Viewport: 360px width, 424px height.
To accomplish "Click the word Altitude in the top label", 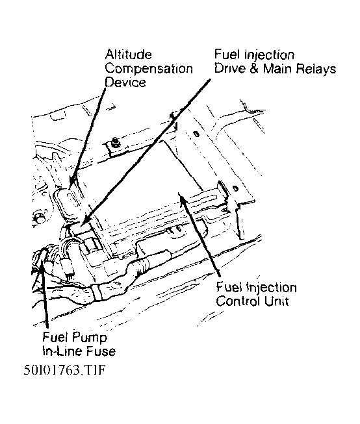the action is pyautogui.click(x=128, y=55).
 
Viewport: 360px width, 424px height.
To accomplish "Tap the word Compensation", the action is pyautogui.click(x=149, y=69).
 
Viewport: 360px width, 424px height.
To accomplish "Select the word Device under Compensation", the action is pyautogui.click(x=125, y=82).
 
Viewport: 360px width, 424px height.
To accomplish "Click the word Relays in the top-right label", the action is pyautogui.click(x=316, y=69).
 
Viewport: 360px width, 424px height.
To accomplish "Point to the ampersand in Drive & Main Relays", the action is pyautogui.click(x=254, y=68).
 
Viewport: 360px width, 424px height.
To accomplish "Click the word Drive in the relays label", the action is pyautogui.click(x=230, y=68).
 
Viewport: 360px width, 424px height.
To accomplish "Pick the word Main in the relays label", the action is pyautogui.click(x=277, y=68).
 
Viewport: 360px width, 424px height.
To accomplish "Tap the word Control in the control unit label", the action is pyautogui.click(x=238, y=301).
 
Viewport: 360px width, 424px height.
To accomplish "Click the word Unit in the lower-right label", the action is pyautogui.click(x=276, y=301).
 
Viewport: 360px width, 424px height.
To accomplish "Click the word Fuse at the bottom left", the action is pyautogui.click(x=101, y=351).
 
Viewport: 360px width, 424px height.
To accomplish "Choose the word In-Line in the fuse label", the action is pyautogui.click(x=63, y=351).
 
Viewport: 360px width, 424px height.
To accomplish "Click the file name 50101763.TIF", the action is pyautogui.click(x=64, y=370).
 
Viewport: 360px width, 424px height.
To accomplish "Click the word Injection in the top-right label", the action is pyautogui.click(x=270, y=55).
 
